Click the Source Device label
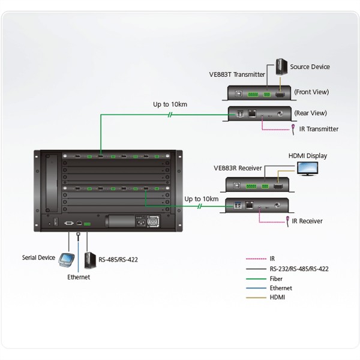[x=310, y=67]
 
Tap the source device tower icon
[x=281, y=66]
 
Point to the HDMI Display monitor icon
[x=309, y=168]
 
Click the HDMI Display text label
[x=308, y=155]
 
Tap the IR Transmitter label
[x=319, y=129]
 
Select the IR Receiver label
[x=307, y=221]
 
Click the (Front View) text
[x=311, y=92]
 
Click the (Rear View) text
[x=310, y=113]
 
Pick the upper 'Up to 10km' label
[x=170, y=104]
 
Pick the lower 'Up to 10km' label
[x=201, y=199]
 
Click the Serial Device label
[x=38, y=257]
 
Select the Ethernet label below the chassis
[x=79, y=277]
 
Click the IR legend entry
[x=273, y=259]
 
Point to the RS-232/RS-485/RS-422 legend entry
[x=299, y=269]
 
